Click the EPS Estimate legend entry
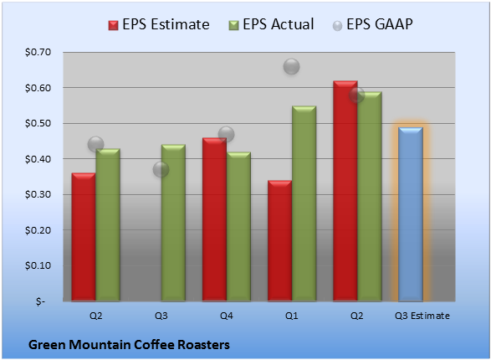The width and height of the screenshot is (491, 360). pos(159,24)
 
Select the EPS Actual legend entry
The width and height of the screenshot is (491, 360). pos(271,24)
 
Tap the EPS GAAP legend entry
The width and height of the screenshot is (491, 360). pos(372,24)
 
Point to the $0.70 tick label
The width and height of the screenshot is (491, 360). pos(38,52)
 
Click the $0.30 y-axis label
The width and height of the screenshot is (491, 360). pos(38,194)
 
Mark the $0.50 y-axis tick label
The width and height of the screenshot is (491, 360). pos(38,123)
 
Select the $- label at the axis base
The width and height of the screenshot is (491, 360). pos(40,301)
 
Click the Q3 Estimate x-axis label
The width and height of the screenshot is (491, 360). pos(422,316)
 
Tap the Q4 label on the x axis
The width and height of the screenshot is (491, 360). pos(227,316)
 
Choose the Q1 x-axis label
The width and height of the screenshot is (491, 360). pos(292,316)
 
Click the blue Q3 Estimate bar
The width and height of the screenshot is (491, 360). pos(411,214)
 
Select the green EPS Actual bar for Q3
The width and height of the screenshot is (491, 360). pos(173,223)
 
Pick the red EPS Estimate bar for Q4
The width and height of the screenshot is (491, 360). pos(214,219)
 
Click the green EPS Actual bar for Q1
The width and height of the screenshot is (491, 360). pos(304,203)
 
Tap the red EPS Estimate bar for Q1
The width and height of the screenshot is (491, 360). pos(279,240)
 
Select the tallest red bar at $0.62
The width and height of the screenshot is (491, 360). pos(345,191)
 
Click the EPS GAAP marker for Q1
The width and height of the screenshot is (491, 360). pos(292,66)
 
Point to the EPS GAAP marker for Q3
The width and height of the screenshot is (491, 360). pos(161,169)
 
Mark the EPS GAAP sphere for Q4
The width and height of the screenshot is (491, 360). pos(226,135)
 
